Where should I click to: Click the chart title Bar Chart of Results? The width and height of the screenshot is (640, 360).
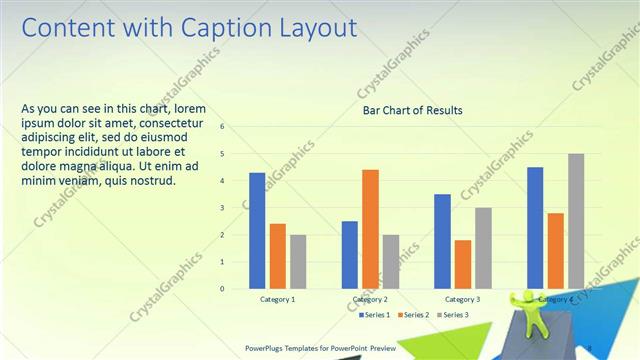pos(412,109)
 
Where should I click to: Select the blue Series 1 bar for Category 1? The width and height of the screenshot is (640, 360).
pos(257,230)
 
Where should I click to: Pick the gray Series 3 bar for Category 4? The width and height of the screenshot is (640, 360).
pos(576,221)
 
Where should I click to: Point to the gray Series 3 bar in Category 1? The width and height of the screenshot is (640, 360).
pos(298,261)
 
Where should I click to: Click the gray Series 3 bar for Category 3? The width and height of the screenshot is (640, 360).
pos(483,248)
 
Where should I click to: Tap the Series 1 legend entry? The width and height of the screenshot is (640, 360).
pos(375,315)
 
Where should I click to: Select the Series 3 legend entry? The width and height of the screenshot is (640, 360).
pos(452,315)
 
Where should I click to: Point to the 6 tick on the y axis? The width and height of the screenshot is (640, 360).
pos(223,127)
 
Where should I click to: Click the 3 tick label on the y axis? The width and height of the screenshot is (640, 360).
pos(223,208)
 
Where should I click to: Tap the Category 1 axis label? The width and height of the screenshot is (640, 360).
pos(277,299)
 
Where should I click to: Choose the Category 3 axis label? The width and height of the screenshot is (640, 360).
pos(462,299)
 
